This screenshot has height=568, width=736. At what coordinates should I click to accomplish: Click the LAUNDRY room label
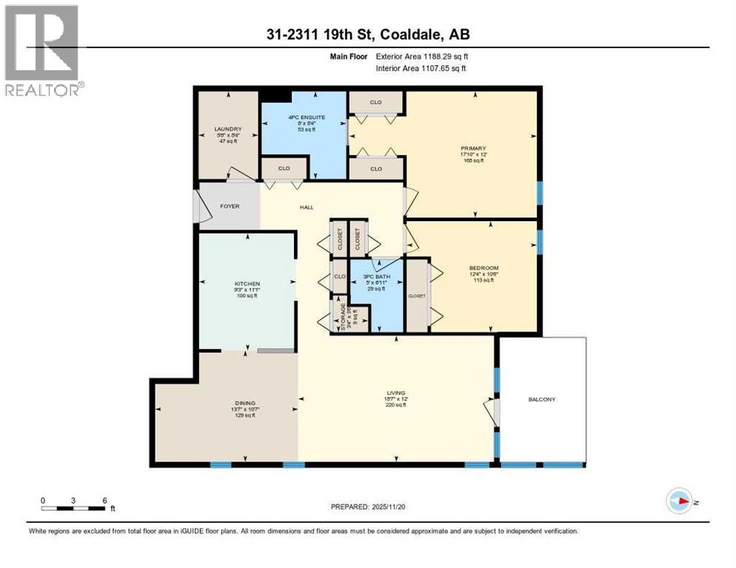coord(227,128)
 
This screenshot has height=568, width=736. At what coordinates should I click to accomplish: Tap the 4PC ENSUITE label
coord(301,116)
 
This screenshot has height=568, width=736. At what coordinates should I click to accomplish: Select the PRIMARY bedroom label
coord(471,149)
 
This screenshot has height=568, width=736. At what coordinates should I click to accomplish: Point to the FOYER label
coord(230,206)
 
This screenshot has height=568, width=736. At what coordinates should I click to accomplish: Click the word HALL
coord(306,207)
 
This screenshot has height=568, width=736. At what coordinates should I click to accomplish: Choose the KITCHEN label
coord(246,283)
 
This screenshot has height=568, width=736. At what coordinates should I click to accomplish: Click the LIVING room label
coord(395,393)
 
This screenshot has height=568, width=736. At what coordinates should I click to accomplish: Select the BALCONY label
coord(542,399)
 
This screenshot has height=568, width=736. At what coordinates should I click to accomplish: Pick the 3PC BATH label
coord(377,277)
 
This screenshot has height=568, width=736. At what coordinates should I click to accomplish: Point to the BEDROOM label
coord(484,268)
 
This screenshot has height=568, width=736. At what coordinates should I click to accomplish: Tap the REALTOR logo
coord(42,50)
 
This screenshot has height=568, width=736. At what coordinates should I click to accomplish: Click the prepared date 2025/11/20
coord(388,507)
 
